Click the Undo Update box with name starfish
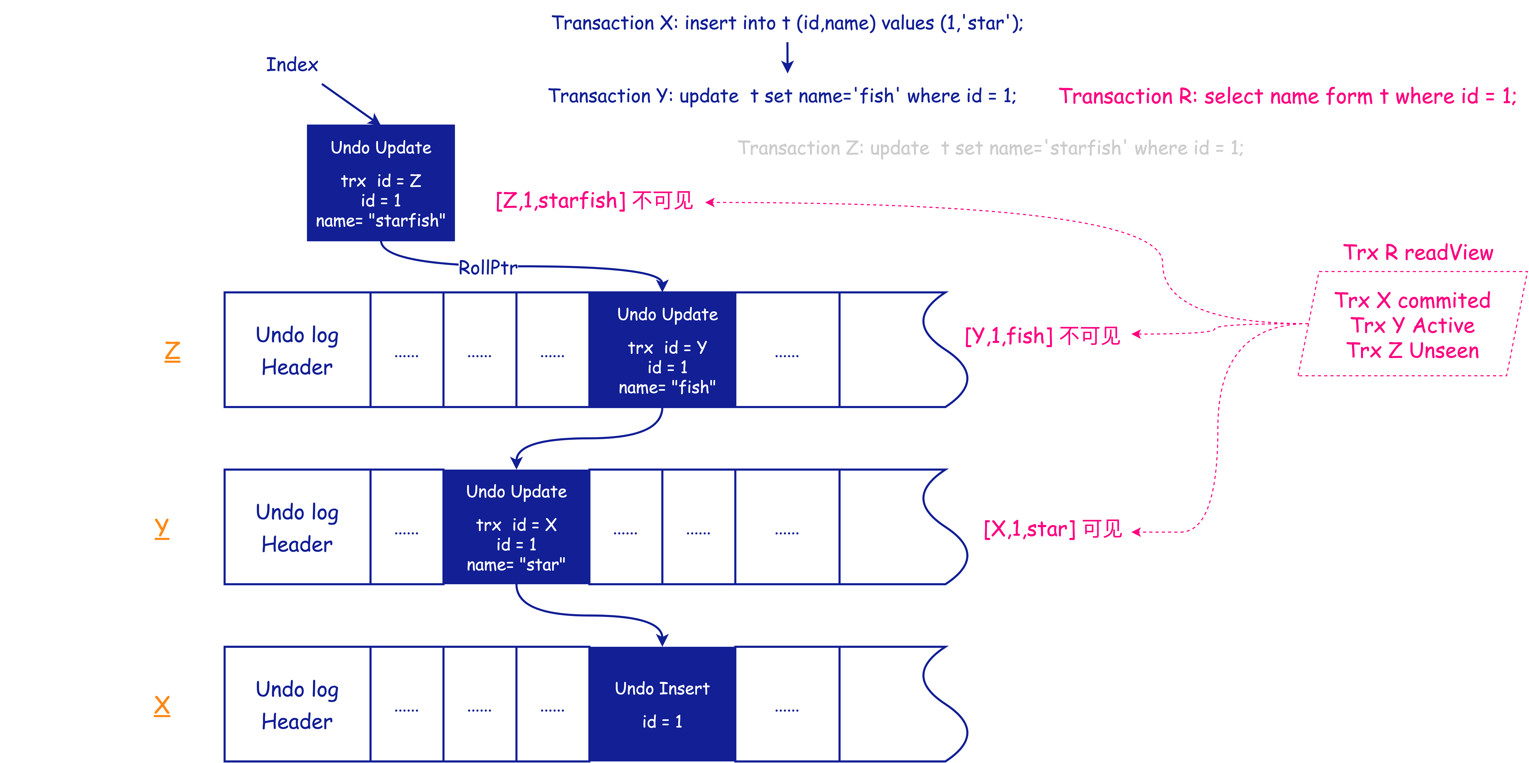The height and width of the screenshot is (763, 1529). (x=380, y=183)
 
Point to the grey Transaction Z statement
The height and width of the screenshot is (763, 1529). (x=990, y=148)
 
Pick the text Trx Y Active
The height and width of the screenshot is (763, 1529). (x=1413, y=325)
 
